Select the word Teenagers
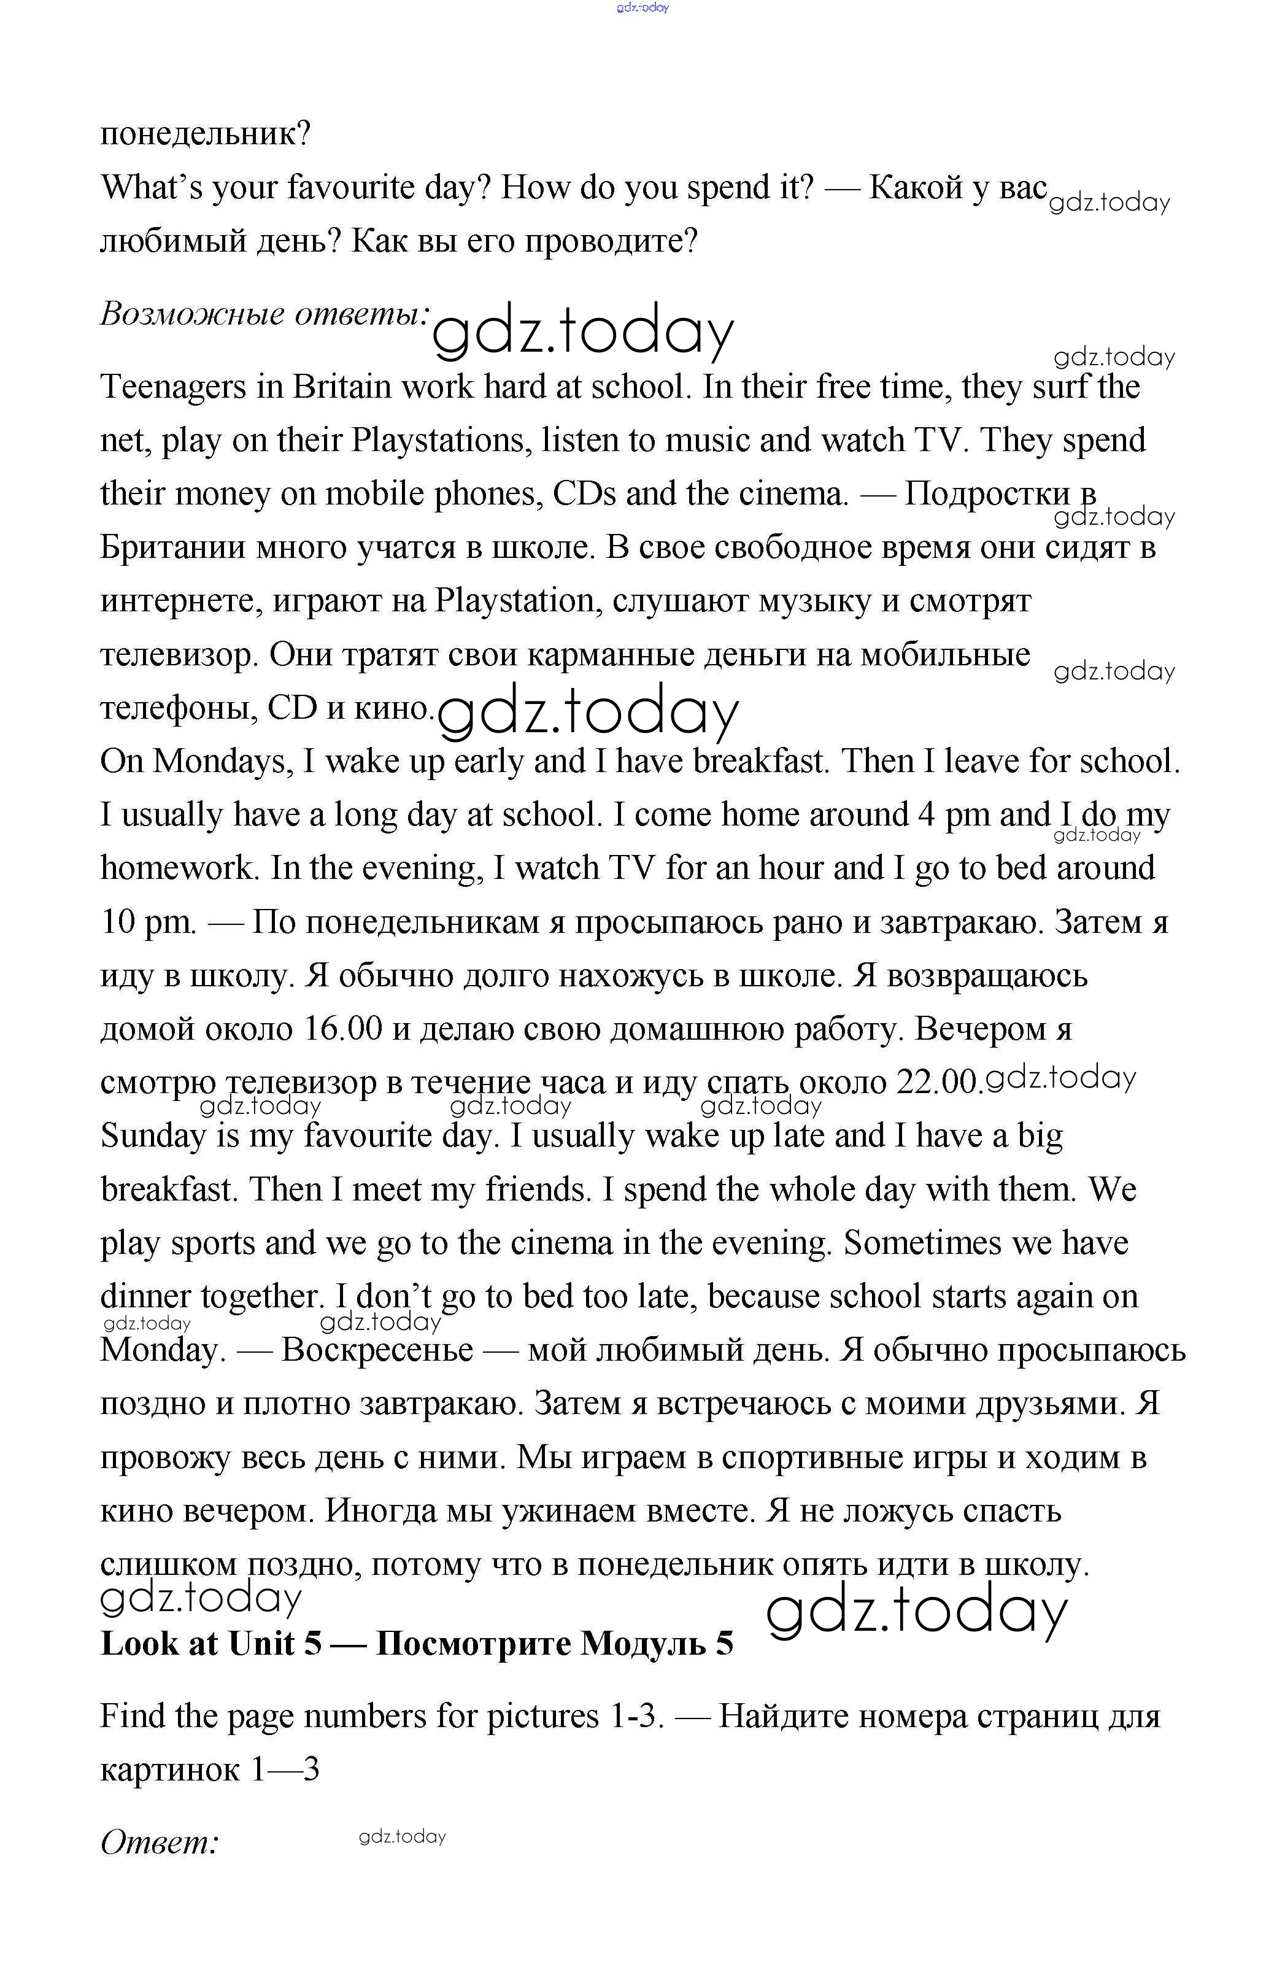tap(173, 387)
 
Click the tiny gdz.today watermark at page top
tap(642, 7)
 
